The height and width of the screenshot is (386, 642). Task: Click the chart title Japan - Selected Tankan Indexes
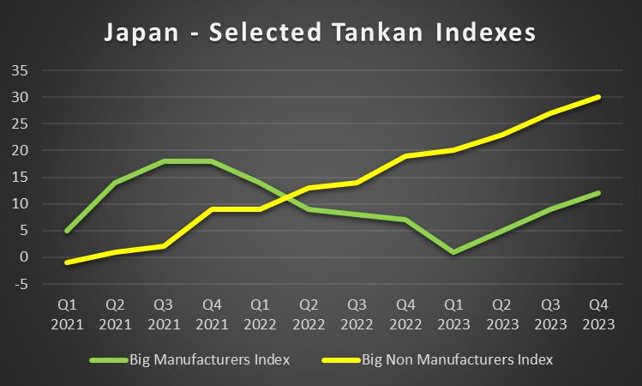tap(320, 33)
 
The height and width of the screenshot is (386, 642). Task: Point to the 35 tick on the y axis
tap(20, 70)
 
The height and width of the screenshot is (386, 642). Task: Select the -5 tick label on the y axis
tap(20, 284)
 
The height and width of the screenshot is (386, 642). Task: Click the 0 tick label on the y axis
tap(25, 257)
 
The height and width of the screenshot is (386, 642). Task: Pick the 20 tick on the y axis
tap(20, 150)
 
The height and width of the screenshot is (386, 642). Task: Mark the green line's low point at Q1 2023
tap(453, 252)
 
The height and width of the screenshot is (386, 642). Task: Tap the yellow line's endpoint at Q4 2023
tap(598, 97)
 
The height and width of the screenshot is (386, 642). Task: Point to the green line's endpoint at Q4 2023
tap(598, 193)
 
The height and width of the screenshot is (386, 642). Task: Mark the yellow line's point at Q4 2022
tap(405, 156)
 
